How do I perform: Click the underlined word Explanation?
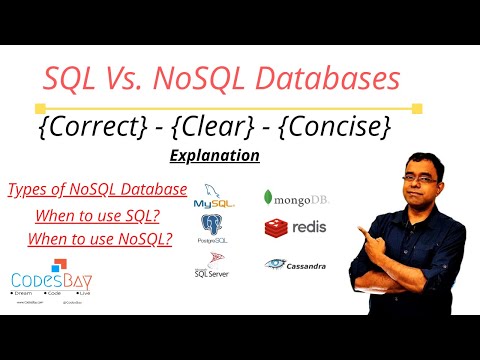tap(215, 157)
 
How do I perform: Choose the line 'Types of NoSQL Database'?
tap(96, 190)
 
